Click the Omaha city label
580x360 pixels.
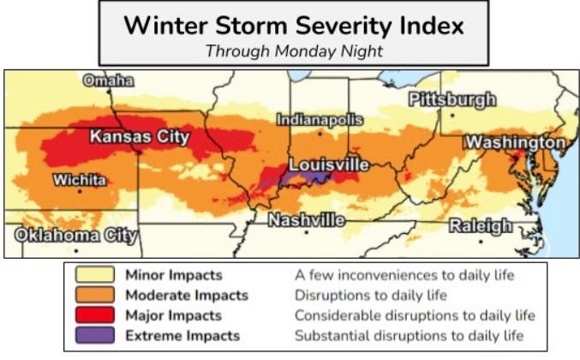(x=108, y=81)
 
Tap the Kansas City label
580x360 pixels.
(x=140, y=137)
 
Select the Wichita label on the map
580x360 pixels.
(x=80, y=180)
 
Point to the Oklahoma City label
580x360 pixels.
(x=76, y=235)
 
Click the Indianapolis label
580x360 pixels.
(x=320, y=120)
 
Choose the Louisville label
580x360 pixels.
(x=329, y=164)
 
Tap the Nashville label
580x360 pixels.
(x=306, y=220)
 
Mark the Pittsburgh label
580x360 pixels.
(x=451, y=99)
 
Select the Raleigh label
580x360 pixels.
(x=481, y=226)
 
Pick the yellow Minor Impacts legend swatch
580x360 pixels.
(x=95, y=276)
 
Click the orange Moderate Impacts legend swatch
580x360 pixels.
(x=95, y=296)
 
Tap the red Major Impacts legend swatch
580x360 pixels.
(x=95, y=315)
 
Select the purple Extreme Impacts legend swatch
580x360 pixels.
(x=95, y=335)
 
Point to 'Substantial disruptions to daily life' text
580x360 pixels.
(x=409, y=335)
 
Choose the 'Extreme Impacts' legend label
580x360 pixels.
(x=182, y=335)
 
